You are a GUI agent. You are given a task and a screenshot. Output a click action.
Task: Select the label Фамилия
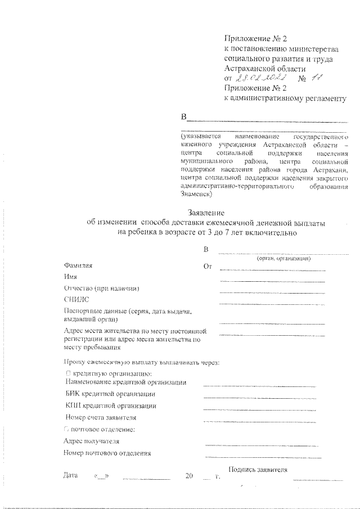(x=78, y=265)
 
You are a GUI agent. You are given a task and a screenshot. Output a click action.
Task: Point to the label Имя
(x=70, y=277)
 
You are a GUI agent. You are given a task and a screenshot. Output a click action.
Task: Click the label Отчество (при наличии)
(x=102, y=288)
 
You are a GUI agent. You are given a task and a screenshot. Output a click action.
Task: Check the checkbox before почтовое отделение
(x=67, y=430)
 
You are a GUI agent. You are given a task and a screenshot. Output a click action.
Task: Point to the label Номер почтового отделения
(x=107, y=453)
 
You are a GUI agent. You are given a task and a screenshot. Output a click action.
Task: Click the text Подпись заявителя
(x=258, y=470)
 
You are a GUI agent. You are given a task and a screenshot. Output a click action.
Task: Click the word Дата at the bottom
(x=70, y=476)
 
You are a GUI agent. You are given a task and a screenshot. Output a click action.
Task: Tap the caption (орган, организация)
(x=283, y=259)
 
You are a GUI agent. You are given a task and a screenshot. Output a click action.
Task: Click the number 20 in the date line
(x=189, y=476)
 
